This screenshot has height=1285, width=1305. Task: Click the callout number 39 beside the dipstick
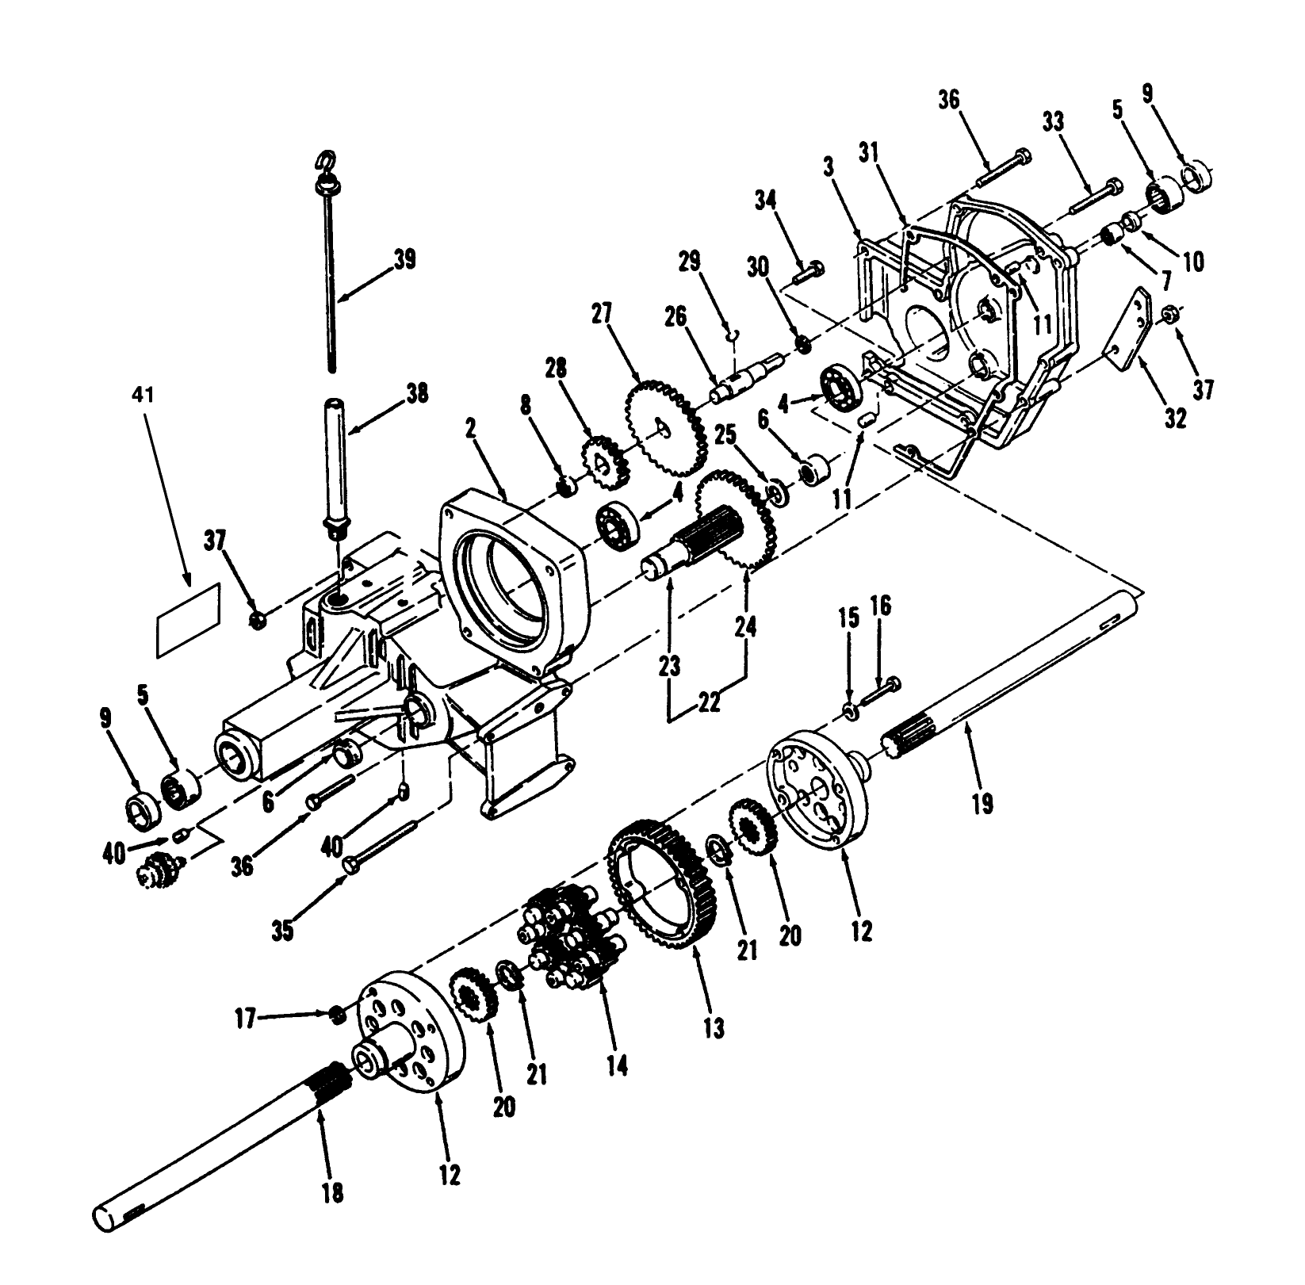tap(404, 260)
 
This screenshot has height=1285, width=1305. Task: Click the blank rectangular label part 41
tap(188, 619)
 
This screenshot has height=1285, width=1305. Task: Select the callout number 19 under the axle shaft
tap(982, 804)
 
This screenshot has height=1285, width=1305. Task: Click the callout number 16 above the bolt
tap(880, 607)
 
